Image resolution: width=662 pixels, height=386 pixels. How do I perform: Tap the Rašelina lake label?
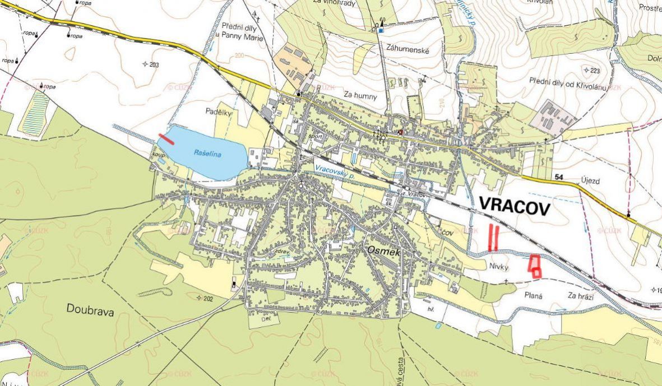click(x=207, y=153)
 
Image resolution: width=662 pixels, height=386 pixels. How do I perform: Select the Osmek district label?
click(x=384, y=252)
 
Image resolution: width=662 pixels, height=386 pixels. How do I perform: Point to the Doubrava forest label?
click(x=90, y=311)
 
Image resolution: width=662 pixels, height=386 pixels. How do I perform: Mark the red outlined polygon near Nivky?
click(x=535, y=266)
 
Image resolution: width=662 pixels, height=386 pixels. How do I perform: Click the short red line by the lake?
click(x=166, y=138)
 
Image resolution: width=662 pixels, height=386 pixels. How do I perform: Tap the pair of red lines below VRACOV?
click(x=493, y=238)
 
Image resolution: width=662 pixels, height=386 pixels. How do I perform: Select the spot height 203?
click(x=151, y=64)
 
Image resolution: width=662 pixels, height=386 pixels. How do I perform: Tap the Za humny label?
click(x=360, y=95)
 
